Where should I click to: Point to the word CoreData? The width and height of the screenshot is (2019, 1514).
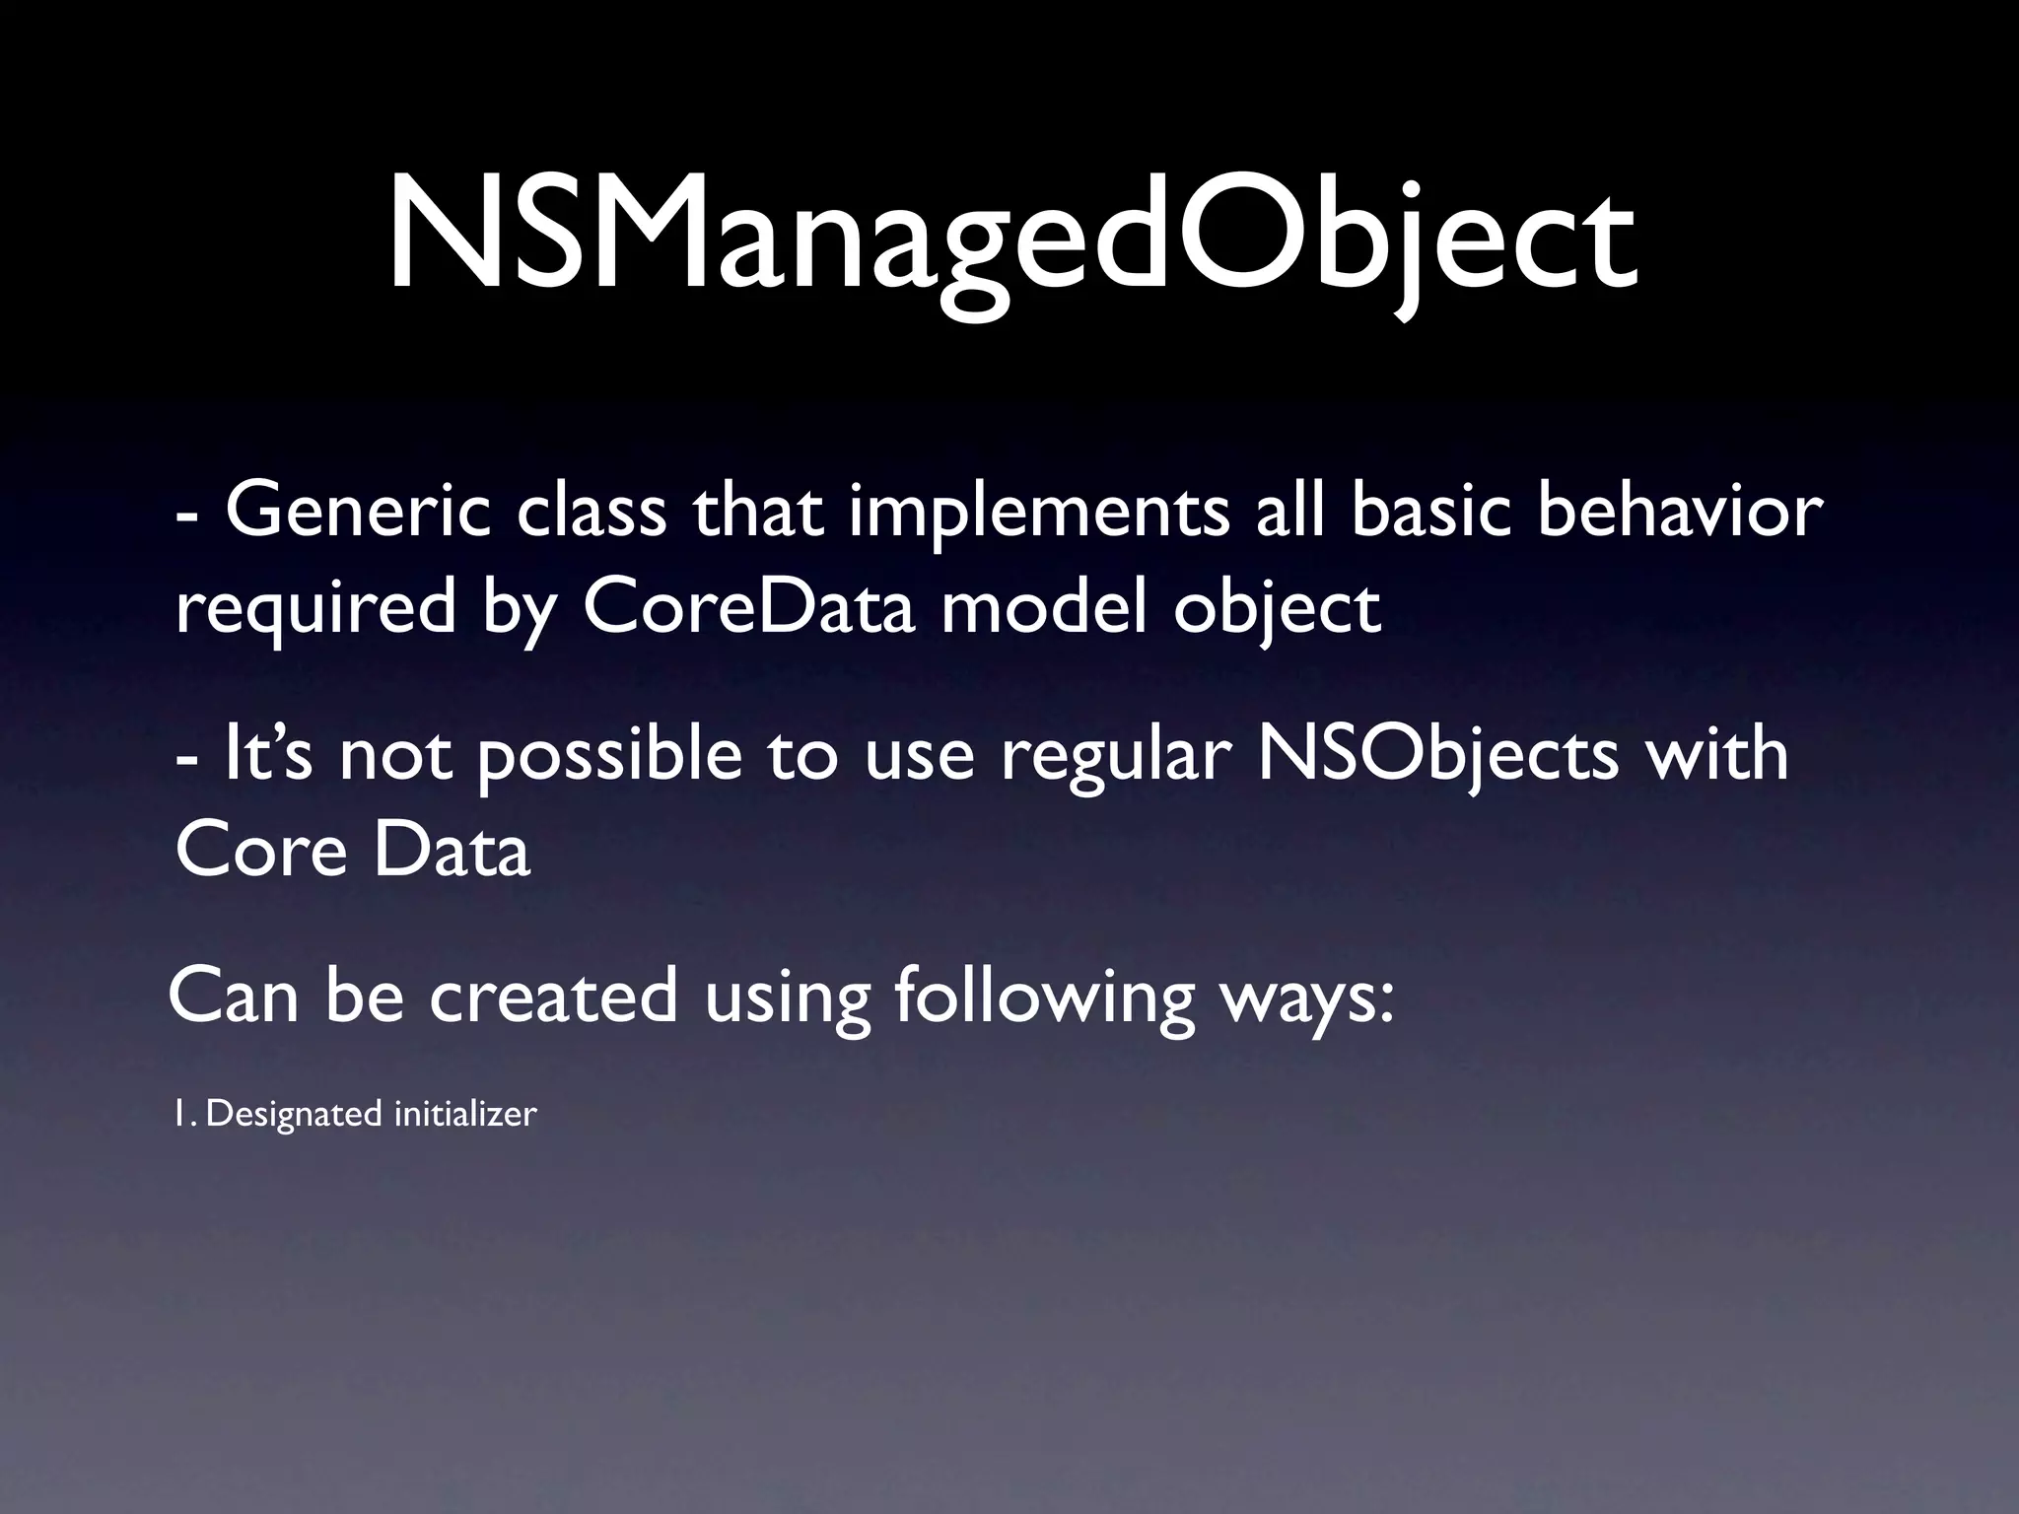click(x=750, y=608)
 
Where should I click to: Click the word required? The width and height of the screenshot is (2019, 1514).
click(x=315, y=608)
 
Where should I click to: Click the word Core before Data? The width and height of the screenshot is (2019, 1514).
click(x=260, y=850)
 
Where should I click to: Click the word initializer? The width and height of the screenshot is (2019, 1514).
click(x=465, y=1114)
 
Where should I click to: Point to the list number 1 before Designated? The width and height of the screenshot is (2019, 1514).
click(x=181, y=1114)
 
